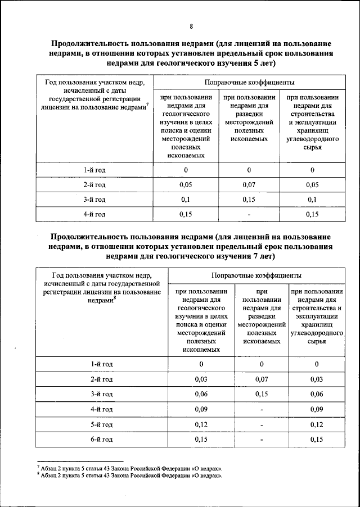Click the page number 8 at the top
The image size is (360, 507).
tap(191, 26)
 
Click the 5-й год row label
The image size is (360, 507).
tap(102, 424)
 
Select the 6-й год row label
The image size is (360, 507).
tap(102, 438)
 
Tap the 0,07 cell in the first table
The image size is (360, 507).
tap(249, 184)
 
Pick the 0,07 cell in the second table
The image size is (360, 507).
tap(261, 379)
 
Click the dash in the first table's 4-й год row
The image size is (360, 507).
tap(249, 214)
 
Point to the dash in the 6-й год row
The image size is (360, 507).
tap(261, 438)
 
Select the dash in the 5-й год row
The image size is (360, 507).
tap(261, 424)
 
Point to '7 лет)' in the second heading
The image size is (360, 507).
tap(259, 256)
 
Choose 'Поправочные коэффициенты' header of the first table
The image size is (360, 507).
tap(249, 82)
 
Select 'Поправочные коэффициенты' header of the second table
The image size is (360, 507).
tap(256, 275)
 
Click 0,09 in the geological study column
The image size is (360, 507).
tap(201, 409)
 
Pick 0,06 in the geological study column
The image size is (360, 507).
tap(201, 394)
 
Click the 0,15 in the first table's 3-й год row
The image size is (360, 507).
tap(249, 199)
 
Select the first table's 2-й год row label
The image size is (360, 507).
tap(94, 184)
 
